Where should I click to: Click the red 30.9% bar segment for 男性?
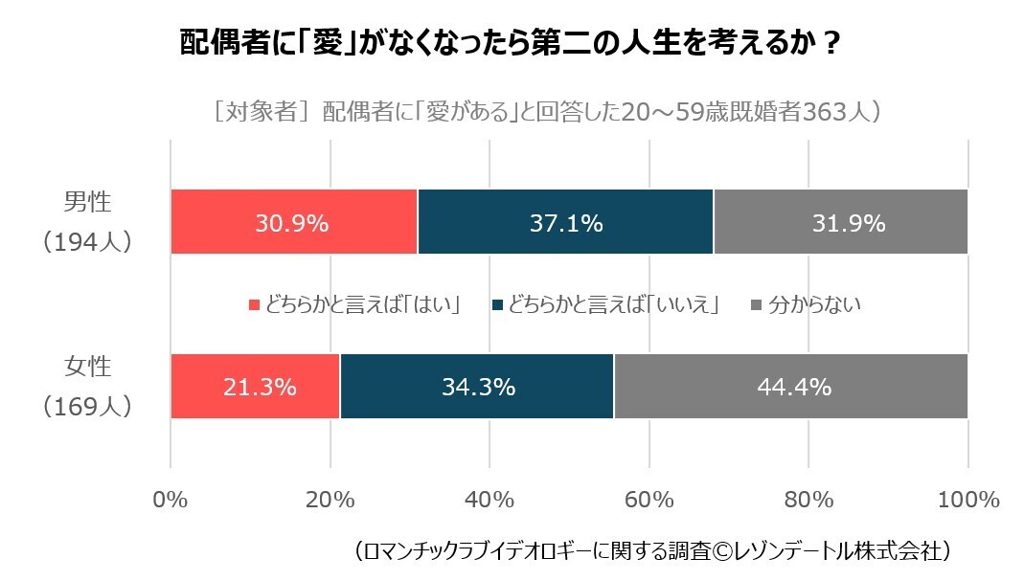click(293, 222)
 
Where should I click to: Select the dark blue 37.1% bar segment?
click(565, 222)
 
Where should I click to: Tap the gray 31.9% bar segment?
click(840, 222)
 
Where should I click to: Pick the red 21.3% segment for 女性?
click(255, 387)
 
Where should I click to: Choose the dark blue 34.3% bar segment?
click(477, 387)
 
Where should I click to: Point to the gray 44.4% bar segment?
click(790, 387)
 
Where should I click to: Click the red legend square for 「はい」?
click(255, 305)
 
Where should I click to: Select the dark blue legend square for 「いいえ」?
click(496, 305)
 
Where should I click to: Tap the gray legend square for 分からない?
click(756, 305)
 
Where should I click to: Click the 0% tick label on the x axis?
click(171, 500)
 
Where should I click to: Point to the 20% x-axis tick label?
click(330, 500)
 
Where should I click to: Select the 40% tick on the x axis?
click(489, 500)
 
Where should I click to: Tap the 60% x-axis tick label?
click(649, 500)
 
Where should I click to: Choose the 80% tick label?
click(808, 500)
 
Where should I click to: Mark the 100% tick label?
click(967, 500)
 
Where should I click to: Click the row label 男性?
click(87, 203)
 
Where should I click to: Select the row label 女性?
click(87, 368)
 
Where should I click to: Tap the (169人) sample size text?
click(86, 407)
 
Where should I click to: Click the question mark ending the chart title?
click(831, 45)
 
